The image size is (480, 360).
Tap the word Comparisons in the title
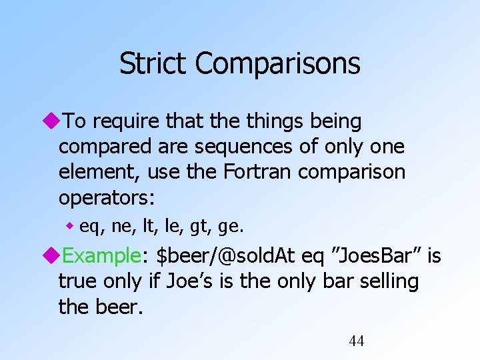[278, 64]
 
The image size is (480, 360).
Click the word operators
[106, 197]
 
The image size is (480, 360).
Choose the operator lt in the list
[148, 227]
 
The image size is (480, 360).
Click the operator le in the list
[172, 227]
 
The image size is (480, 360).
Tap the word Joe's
[199, 281]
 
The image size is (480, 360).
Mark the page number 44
[357, 341]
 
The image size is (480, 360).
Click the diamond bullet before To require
[53, 121]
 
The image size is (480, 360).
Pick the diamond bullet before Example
[53, 256]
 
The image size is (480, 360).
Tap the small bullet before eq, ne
[70, 227]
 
